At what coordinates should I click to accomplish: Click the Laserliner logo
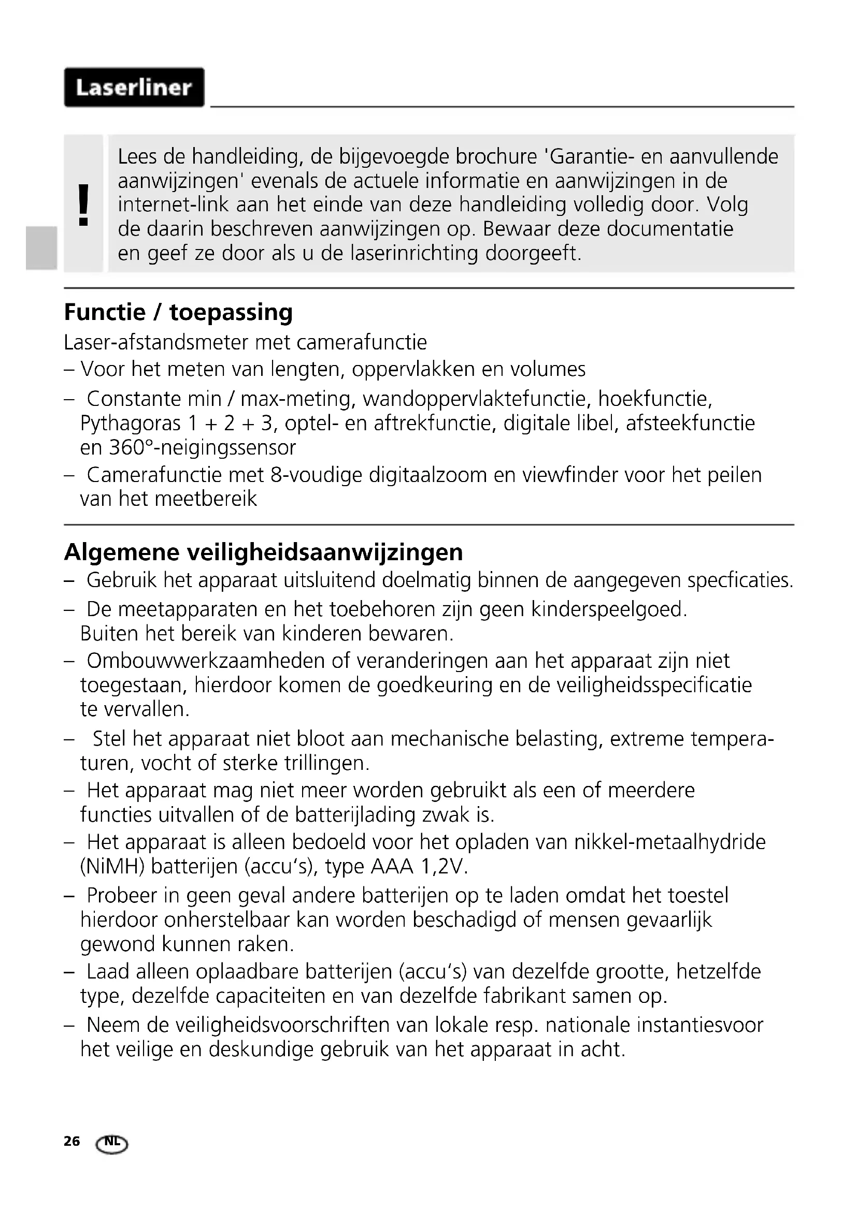pyautogui.click(x=134, y=87)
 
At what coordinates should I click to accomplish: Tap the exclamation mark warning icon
pyautogui.click(x=83, y=205)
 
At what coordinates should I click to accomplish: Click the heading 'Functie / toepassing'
pyautogui.click(x=178, y=312)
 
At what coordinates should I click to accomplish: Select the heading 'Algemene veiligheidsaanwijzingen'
pyautogui.click(x=263, y=552)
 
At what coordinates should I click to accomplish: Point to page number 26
pyautogui.click(x=72, y=1141)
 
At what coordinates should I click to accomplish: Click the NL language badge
pyautogui.click(x=112, y=1143)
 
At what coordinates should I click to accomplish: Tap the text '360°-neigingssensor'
pyautogui.click(x=203, y=448)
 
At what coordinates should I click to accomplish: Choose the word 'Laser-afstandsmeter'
pyautogui.click(x=155, y=343)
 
